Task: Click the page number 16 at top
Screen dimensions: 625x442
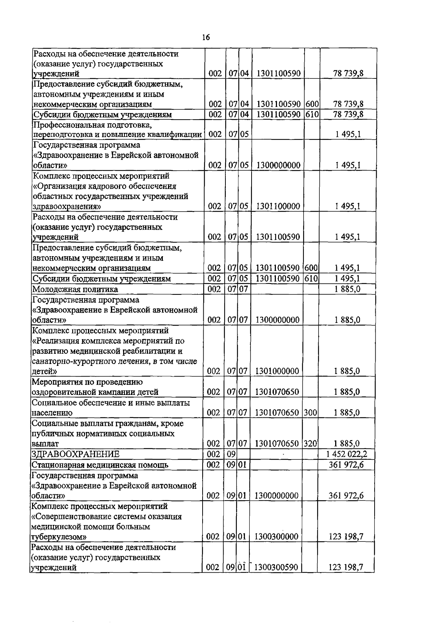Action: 206,38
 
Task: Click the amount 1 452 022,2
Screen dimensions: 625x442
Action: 346,454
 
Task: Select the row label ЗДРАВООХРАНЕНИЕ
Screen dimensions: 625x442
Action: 76,454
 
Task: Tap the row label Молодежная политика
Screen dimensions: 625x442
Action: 75,289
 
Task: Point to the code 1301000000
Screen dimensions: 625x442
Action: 277,371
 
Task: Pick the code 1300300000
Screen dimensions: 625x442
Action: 276,537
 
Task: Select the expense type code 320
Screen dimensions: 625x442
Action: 311,444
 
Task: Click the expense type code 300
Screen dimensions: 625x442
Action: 311,413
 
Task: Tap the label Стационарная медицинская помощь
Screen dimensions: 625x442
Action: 100,465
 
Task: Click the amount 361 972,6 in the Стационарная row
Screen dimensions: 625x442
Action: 346,465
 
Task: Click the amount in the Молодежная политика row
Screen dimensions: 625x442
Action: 347,289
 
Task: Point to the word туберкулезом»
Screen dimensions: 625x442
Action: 59,537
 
